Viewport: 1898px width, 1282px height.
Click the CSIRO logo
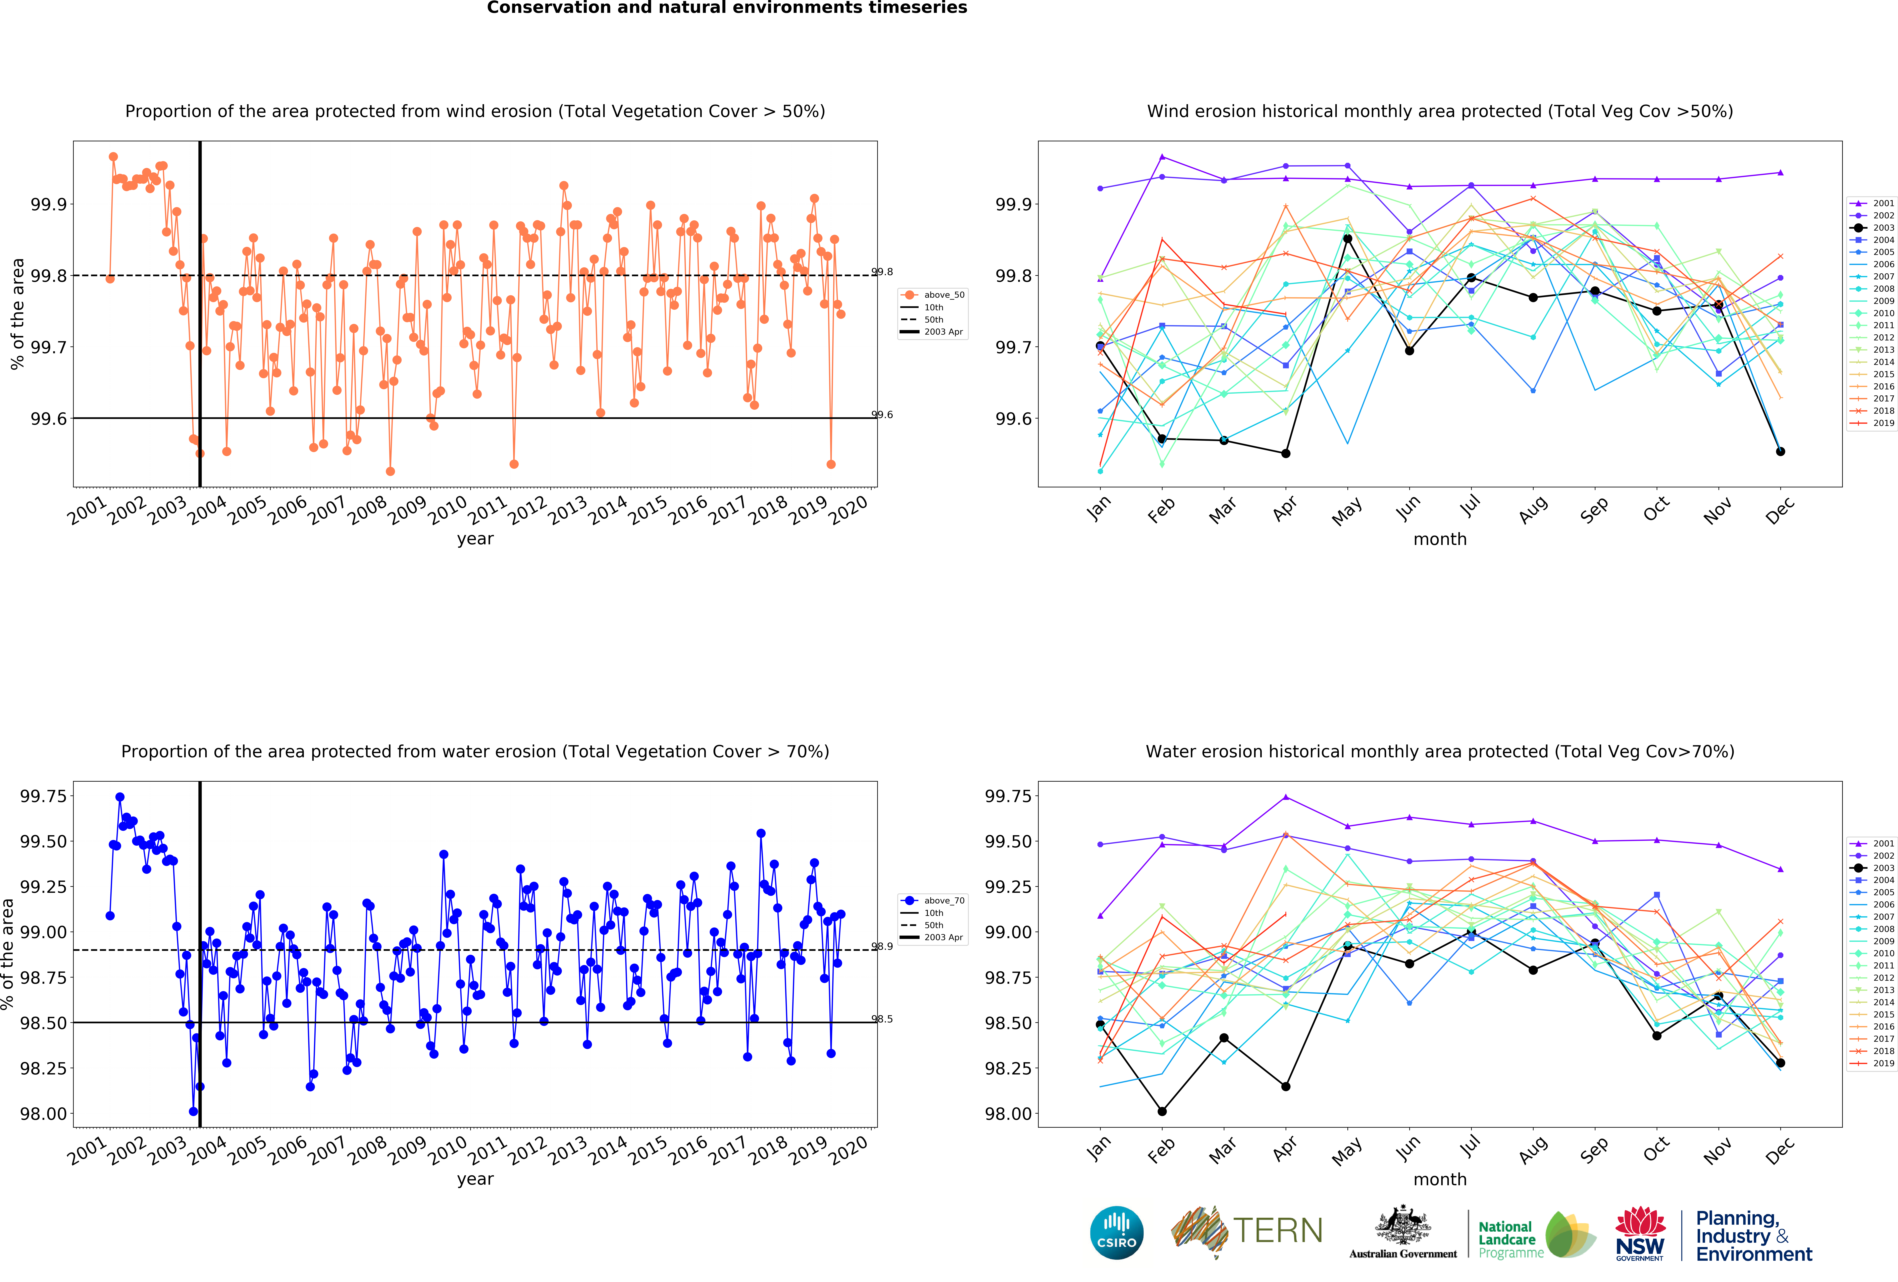[1116, 1232]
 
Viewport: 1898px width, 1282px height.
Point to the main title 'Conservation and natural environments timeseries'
[727, 8]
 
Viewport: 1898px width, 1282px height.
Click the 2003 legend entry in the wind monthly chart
[1873, 228]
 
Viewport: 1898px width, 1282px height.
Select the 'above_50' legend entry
[933, 295]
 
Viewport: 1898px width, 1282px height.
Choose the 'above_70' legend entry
[933, 901]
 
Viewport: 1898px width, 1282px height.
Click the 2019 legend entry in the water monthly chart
[1873, 1063]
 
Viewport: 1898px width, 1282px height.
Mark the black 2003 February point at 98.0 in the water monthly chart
[1162, 1111]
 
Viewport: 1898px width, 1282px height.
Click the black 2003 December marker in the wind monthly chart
[1780, 452]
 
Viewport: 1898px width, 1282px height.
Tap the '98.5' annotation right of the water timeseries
[882, 1019]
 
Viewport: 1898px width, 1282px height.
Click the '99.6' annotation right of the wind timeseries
[882, 415]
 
